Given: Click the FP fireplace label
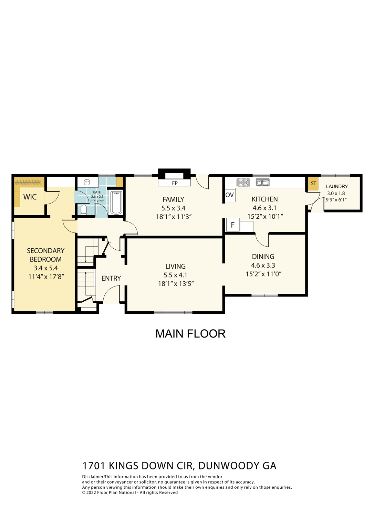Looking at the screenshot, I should [x=175, y=183].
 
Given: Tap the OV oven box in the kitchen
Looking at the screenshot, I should [x=230, y=195].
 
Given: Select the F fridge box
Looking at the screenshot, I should [x=233, y=225].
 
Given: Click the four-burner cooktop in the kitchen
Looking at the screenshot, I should [x=243, y=183].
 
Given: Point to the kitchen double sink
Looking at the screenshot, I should [x=262, y=183].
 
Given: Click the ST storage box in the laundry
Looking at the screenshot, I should [x=313, y=184].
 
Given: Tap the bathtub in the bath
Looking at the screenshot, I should [x=116, y=203].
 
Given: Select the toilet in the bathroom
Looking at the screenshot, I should [x=83, y=209].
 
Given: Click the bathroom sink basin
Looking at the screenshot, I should [x=87, y=182].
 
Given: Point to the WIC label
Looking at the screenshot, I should [x=30, y=197].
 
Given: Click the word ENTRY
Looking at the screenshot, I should [x=111, y=278].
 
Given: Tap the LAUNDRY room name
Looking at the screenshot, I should [x=337, y=186].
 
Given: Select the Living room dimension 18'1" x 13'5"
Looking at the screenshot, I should [x=176, y=284].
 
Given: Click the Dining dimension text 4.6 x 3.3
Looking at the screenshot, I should [x=263, y=265].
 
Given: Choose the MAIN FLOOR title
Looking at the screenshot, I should [x=190, y=333].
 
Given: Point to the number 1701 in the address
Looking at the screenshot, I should [x=94, y=466].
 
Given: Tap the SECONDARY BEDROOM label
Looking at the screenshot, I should [x=46, y=255].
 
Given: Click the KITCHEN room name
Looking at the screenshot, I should [x=264, y=199].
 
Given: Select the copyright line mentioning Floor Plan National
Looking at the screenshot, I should [x=130, y=492].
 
